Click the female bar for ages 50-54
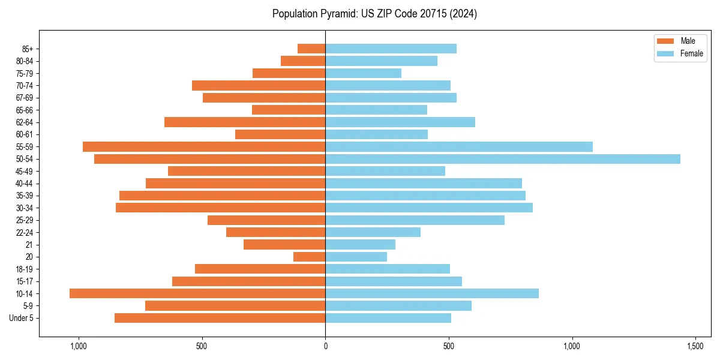[x=503, y=159]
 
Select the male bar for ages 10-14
[x=197, y=293]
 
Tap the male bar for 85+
[x=311, y=49]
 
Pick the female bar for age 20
[x=356, y=257]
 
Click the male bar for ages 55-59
[x=204, y=146]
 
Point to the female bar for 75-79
[x=364, y=73]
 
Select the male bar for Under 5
[x=220, y=318]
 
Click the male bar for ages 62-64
[x=245, y=122]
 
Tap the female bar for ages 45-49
[x=385, y=171]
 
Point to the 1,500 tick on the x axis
[x=695, y=346]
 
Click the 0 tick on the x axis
[x=325, y=346]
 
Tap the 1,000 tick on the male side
[x=79, y=346]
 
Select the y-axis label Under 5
[x=21, y=318]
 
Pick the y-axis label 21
[x=29, y=245]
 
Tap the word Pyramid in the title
[x=337, y=14]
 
